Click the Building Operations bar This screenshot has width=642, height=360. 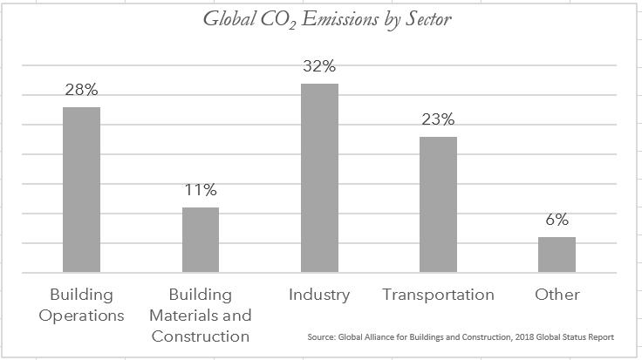pyautogui.click(x=81, y=189)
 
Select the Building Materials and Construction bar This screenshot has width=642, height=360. pyautogui.click(x=200, y=240)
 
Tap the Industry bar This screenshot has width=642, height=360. pyautogui.click(x=319, y=178)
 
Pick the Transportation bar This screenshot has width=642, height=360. pyautogui.click(x=438, y=204)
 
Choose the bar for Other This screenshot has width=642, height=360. pyautogui.click(x=557, y=255)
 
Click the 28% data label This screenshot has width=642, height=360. pyautogui.click(x=81, y=91)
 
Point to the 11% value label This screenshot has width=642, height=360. pyautogui.click(x=200, y=190)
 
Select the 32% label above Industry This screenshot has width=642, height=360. pyautogui.click(x=319, y=66)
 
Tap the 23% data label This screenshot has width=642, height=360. pyautogui.click(x=438, y=119)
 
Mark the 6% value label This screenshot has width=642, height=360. pyautogui.click(x=557, y=220)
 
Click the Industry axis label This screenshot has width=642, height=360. pyautogui.click(x=319, y=295)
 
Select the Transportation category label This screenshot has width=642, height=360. pyautogui.click(x=438, y=295)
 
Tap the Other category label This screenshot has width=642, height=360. pyautogui.click(x=557, y=295)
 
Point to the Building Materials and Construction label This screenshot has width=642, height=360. pyautogui.click(x=200, y=315)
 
